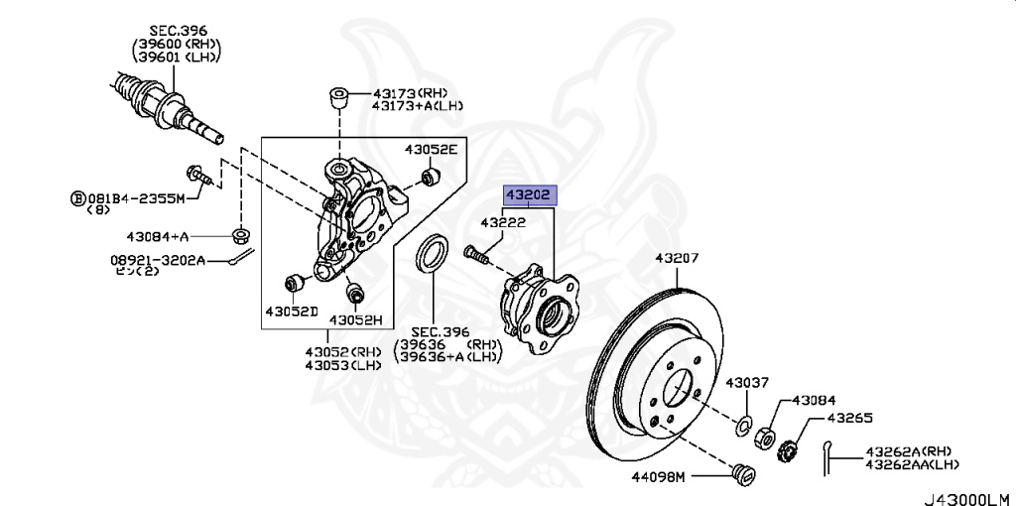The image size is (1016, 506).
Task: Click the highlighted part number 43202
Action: click(529, 195)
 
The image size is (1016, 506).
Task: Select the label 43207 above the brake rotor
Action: click(677, 259)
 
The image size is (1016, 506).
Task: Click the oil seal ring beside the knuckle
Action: click(433, 256)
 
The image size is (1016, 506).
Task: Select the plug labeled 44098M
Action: click(742, 473)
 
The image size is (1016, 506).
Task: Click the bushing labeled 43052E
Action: click(431, 178)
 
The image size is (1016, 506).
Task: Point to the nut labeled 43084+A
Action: click(240, 235)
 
